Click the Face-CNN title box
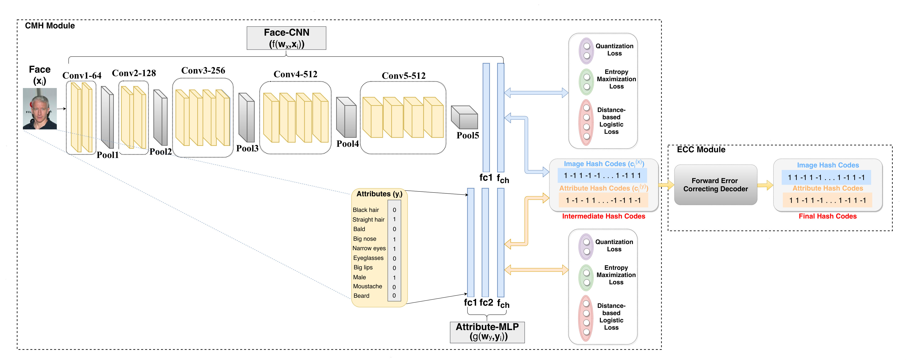tap(286, 38)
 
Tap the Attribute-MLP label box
tap(487, 332)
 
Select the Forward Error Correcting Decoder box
tap(715, 185)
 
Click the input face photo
tap(40, 109)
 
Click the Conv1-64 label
tap(82, 75)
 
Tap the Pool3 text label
tap(247, 148)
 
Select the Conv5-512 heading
tap(403, 75)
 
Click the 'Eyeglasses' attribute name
tap(368, 258)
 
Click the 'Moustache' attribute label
tap(367, 286)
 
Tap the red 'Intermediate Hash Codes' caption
tap(603, 216)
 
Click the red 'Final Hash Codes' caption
tap(828, 216)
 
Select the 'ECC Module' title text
tap(701, 149)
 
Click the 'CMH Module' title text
tap(50, 26)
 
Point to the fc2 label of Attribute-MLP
tap(486, 302)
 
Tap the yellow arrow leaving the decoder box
tap(765, 185)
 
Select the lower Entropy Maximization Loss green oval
tap(586, 278)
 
